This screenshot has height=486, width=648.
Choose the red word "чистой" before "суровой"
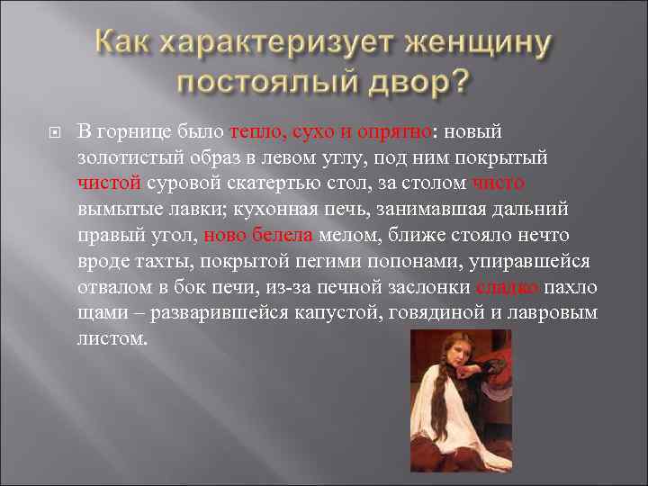[x=109, y=184]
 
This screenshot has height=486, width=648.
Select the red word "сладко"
[x=508, y=288]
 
